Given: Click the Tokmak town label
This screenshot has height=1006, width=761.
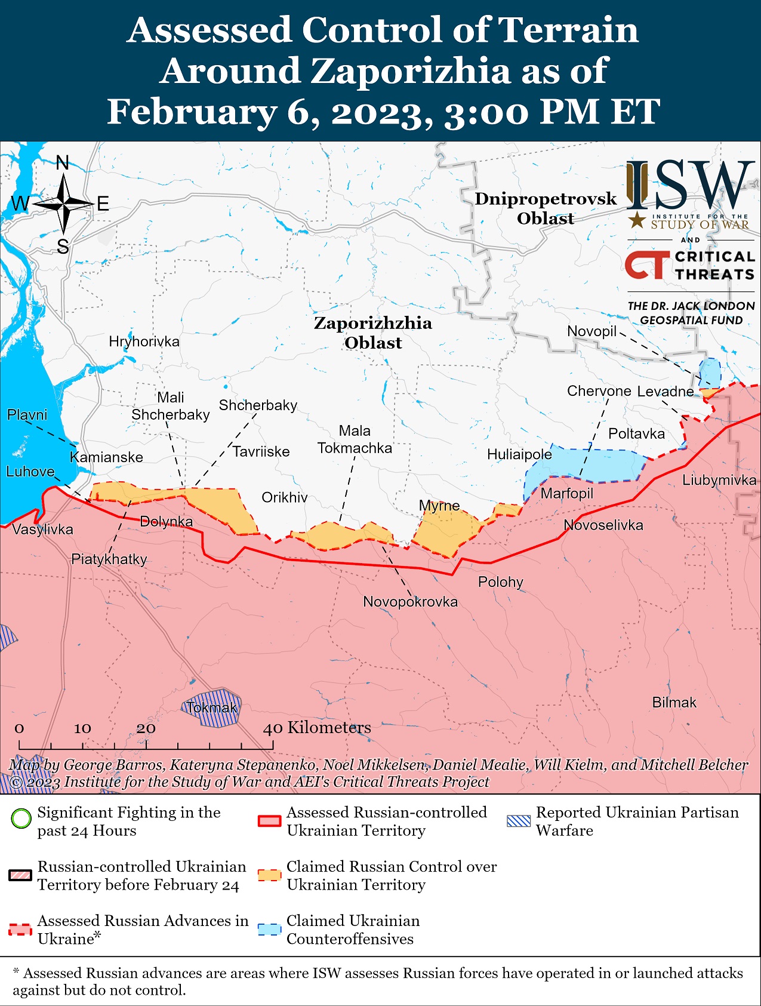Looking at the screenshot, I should pyautogui.click(x=211, y=708).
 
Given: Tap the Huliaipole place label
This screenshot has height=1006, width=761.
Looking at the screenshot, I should pyautogui.click(x=519, y=454).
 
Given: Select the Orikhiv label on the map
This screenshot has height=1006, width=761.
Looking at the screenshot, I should pyautogui.click(x=285, y=497).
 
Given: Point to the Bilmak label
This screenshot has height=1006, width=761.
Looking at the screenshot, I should pyautogui.click(x=674, y=703).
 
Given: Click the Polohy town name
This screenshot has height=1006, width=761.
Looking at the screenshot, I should pyautogui.click(x=500, y=582).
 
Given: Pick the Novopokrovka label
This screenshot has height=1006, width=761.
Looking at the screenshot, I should pyautogui.click(x=410, y=602).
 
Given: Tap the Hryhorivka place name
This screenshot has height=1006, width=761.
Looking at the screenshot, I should pyautogui.click(x=144, y=342).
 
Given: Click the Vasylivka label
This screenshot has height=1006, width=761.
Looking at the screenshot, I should pyautogui.click(x=42, y=530).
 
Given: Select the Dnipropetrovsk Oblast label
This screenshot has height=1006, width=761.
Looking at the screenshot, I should pyautogui.click(x=546, y=208).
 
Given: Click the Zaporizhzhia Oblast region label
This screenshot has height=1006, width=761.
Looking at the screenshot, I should pyautogui.click(x=373, y=333).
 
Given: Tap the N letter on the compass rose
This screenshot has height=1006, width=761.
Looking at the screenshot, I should pyautogui.click(x=63, y=162).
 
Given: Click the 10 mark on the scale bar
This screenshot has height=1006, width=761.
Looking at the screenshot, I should pyautogui.click(x=82, y=728).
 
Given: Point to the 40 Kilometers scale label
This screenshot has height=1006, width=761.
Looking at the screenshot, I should pyautogui.click(x=317, y=728).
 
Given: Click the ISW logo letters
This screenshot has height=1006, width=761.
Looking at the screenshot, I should pyautogui.click(x=689, y=184).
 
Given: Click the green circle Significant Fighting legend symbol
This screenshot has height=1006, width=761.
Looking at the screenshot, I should pyautogui.click(x=21, y=818).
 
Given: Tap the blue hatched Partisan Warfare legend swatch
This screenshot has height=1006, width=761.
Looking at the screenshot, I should pyautogui.click(x=518, y=821).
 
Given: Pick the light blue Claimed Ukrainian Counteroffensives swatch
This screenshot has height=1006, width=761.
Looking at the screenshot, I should pyautogui.click(x=269, y=930).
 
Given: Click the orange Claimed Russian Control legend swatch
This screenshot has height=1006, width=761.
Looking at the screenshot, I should pyautogui.click(x=269, y=875).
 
